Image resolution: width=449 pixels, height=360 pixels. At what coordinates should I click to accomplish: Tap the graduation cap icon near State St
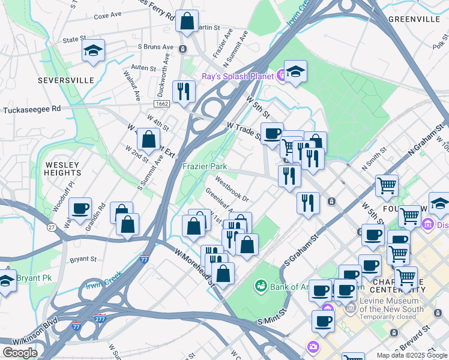click(x=93, y=50)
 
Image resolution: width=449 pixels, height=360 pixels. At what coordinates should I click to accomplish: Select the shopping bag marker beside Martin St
click(x=187, y=21)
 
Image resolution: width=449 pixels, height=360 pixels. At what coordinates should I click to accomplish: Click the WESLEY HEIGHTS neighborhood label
click(x=62, y=168)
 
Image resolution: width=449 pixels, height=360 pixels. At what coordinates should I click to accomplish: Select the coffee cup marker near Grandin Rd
click(x=80, y=209)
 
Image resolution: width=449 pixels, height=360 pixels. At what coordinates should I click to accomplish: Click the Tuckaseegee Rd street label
click(x=32, y=110)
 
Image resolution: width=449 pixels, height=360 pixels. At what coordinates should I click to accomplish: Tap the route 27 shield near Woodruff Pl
click(x=52, y=227)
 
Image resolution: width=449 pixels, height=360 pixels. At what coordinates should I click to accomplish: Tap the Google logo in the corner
click(x=20, y=352)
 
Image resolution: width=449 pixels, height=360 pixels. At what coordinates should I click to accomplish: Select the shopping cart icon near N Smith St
click(x=387, y=185)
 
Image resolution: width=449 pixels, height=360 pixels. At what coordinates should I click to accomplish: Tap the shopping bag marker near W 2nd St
click(x=148, y=139)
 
